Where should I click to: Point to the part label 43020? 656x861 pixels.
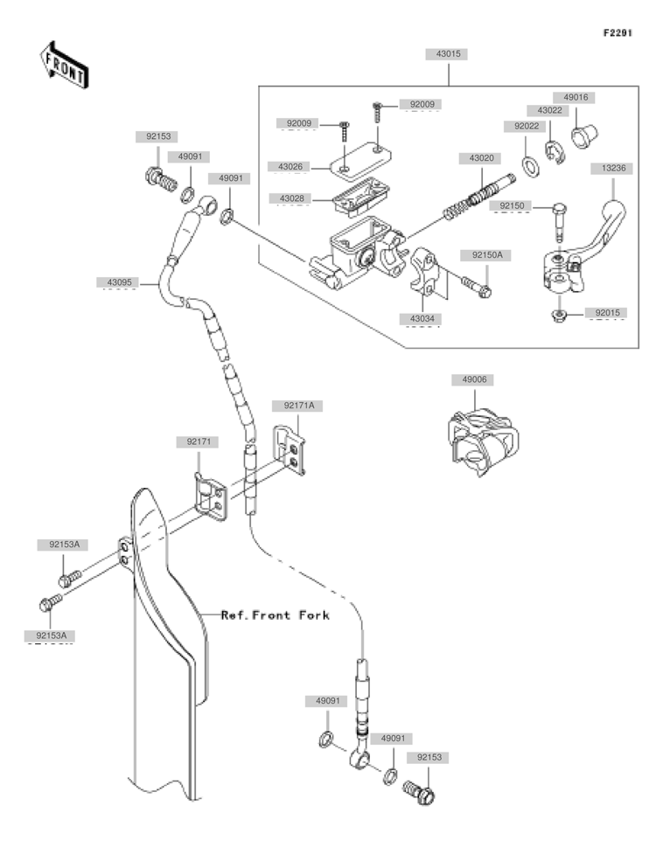click(480, 157)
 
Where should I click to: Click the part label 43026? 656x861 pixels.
click(291, 166)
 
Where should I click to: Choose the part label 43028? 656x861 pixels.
click(291, 199)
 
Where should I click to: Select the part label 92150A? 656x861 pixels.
click(487, 255)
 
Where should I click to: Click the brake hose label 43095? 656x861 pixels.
click(119, 282)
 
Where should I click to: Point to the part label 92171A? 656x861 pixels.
click(297, 406)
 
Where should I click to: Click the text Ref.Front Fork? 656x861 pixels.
click(275, 615)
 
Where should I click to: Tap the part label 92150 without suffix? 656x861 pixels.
click(512, 205)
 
